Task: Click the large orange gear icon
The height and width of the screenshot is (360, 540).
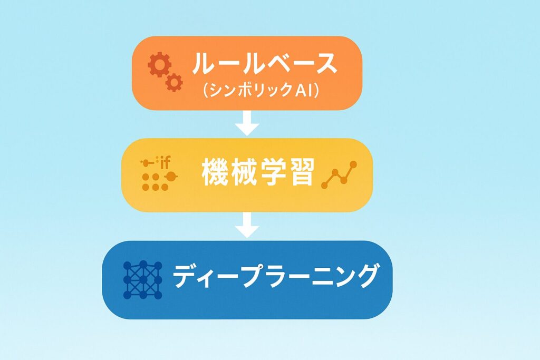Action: click(x=159, y=64)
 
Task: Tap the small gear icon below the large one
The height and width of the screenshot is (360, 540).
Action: click(x=174, y=82)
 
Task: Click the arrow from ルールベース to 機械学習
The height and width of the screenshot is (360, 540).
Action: click(x=247, y=123)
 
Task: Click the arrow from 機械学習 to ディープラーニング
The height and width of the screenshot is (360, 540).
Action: click(x=247, y=225)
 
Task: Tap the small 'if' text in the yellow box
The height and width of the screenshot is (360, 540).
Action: click(x=166, y=162)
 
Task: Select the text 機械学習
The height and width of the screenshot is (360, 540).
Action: click(x=258, y=172)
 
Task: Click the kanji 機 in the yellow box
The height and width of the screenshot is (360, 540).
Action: click(x=215, y=172)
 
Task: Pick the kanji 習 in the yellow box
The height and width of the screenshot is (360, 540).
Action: click(x=301, y=172)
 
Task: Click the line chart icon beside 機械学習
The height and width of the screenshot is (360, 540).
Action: click(x=339, y=175)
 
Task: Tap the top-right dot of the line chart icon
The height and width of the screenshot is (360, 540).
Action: click(x=353, y=164)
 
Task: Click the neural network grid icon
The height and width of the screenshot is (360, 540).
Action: click(x=142, y=280)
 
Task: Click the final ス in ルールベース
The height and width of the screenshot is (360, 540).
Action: click(x=324, y=64)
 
